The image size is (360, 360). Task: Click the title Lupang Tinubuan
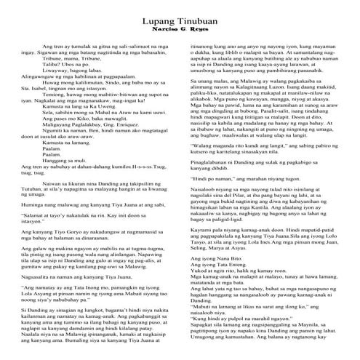coord(180,25)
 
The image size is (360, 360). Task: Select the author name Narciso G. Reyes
coord(180,35)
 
